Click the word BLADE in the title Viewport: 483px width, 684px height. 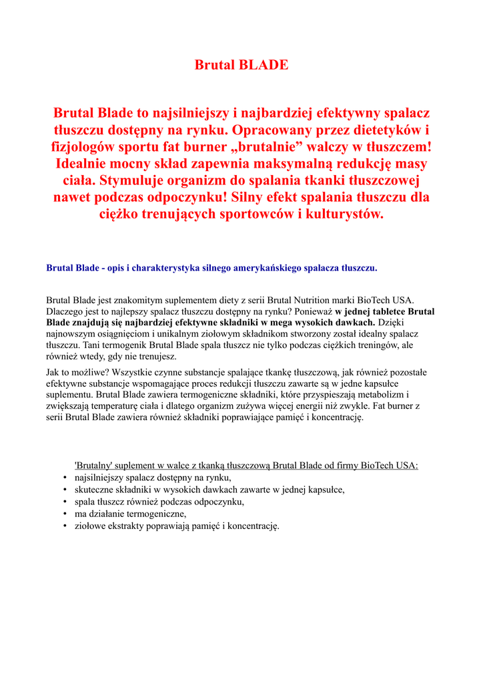point(264,65)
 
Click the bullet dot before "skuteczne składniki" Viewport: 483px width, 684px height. point(65,490)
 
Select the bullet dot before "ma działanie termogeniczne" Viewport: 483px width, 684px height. point(65,514)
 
